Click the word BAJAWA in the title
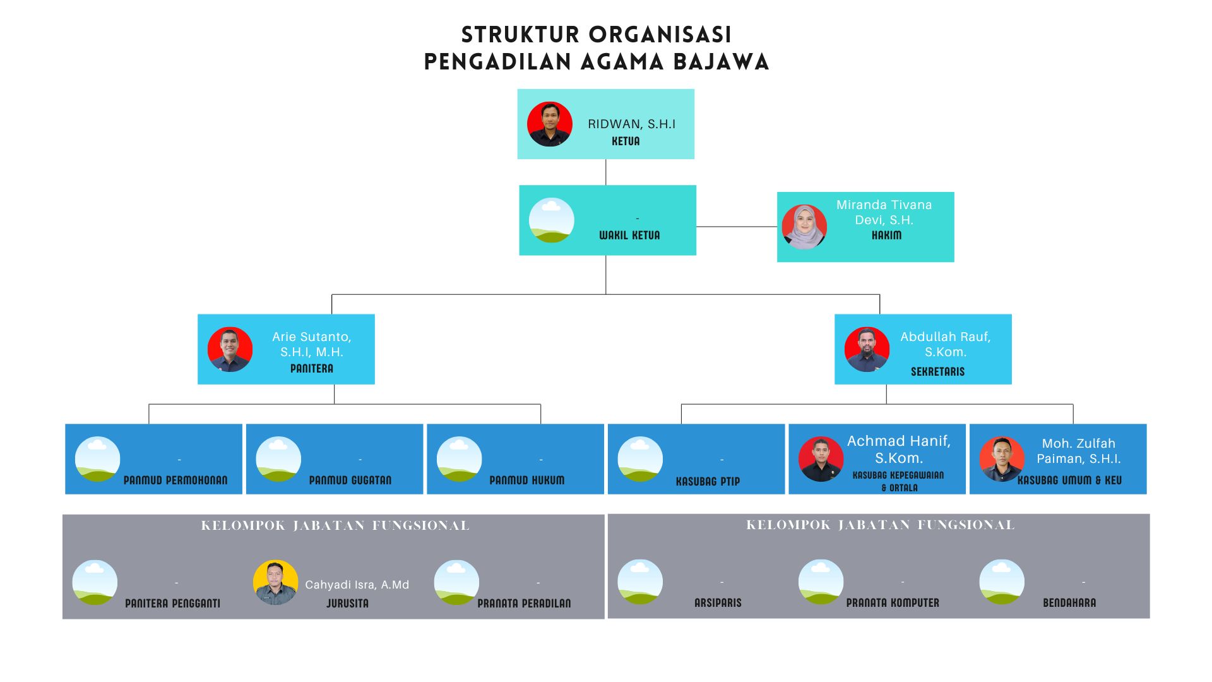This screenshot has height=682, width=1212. (721, 62)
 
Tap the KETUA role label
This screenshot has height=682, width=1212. (626, 141)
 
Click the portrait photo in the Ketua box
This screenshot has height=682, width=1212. (550, 124)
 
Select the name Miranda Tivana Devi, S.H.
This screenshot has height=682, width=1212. (884, 212)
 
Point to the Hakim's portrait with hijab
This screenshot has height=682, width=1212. (804, 227)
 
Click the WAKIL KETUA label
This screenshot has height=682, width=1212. (629, 236)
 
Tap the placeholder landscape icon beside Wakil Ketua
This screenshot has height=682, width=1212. (552, 220)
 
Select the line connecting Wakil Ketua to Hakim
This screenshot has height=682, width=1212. (736, 226)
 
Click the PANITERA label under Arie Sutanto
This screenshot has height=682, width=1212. (312, 369)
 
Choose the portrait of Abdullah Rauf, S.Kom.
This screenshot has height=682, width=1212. (867, 349)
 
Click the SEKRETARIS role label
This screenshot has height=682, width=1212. (937, 372)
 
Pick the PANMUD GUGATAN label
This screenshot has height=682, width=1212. (350, 481)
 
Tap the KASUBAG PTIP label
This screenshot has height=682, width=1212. (708, 482)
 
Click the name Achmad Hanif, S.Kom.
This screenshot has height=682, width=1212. (898, 449)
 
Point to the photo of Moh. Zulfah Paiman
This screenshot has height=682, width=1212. (1002, 459)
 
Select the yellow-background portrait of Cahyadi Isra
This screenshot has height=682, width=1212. (275, 582)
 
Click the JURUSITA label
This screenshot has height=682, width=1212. (347, 604)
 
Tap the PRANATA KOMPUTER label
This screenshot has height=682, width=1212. (893, 603)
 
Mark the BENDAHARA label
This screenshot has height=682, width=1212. (1069, 603)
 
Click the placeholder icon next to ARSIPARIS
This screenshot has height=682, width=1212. (640, 582)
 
